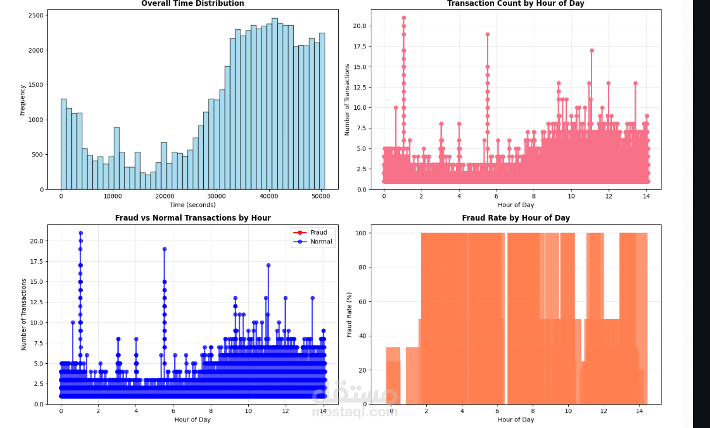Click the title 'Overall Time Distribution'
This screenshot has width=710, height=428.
[x=193, y=4]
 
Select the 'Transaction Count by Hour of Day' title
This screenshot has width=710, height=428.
[x=516, y=4]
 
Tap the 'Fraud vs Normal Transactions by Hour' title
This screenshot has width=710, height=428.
[x=193, y=218]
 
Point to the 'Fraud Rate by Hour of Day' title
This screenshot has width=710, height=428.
[x=516, y=218]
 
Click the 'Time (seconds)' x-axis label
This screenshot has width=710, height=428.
[x=193, y=205]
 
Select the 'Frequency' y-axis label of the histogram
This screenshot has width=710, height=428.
[x=23, y=100]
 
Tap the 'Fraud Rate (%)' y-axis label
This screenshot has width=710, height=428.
[x=350, y=314]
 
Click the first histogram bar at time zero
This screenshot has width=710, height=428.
[x=64, y=144]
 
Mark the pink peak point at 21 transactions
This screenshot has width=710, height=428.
[x=403, y=18]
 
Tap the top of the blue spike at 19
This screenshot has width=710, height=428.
[x=165, y=249]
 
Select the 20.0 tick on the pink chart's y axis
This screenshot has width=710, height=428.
[x=360, y=26]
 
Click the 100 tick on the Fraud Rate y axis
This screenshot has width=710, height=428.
[x=361, y=234]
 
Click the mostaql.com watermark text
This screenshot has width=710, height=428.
[x=354, y=412]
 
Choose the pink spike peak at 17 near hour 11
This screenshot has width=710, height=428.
[x=591, y=50]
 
